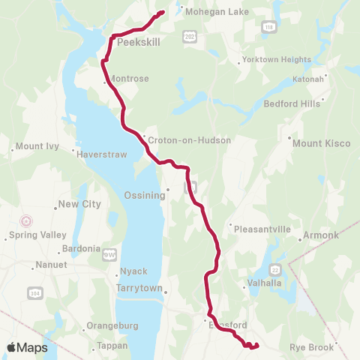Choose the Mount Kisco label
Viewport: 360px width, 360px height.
pyautogui.click(x=322, y=142)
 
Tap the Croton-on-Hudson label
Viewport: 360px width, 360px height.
pyautogui.click(x=178, y=140)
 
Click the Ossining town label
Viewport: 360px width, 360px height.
pyautogui.click(x=144, y=196)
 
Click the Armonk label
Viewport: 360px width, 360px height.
pyautogui.click(x=320, y=235)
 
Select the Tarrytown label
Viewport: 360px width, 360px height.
pyautogui.click(x=139, y=287)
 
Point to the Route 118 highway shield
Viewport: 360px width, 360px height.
pyautogui.click(x=268, y=27)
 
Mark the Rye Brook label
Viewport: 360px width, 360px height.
pyautogui.click(x=310, y=348)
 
